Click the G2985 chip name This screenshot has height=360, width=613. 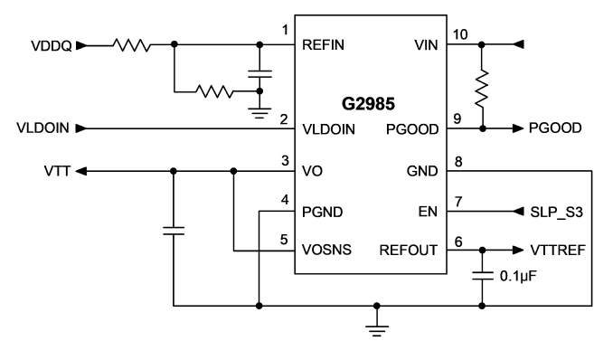pos(368,104)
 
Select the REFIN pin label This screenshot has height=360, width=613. pos(323,45)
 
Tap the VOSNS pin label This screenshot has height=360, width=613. pos(326,250)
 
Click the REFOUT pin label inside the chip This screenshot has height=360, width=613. pos(409,250)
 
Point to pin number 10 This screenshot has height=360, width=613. pos(460,34)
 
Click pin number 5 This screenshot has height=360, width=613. pos(284,240)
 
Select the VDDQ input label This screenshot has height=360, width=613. pos(52,46)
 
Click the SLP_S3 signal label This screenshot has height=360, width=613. pos(556,212)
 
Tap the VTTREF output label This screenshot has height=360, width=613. pos(558,250)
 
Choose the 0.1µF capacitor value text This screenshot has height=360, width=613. pos(518,276)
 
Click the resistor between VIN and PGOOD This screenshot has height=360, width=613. pos(482,89)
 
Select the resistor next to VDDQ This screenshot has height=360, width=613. pos(132,45)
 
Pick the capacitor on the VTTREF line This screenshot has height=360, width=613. pos(482,276)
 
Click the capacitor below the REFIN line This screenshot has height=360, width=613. pos(259,74)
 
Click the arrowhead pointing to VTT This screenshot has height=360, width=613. pos(81,171)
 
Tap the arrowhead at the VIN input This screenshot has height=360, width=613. pos(518,44)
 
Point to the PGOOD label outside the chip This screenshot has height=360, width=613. pos(555,128)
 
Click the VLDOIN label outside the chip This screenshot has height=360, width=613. pos(42,128)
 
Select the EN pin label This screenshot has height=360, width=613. pos(428,212)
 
